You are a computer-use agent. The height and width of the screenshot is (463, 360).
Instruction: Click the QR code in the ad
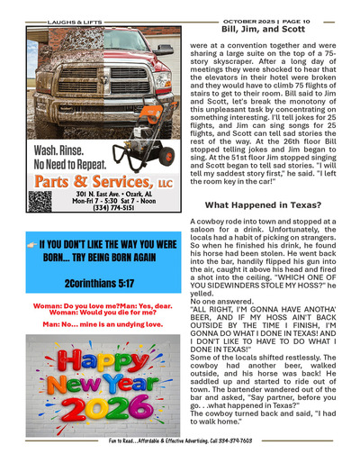pyautogui.click(x=39, y=200)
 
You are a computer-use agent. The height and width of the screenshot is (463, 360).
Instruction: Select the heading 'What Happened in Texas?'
pyautogui.click(x=260, y=206)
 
